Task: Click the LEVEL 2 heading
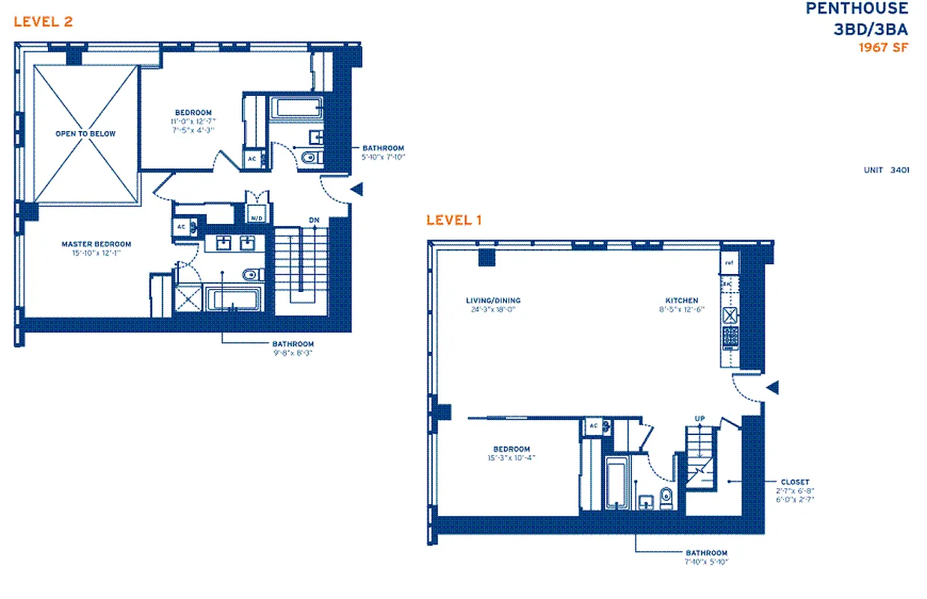pyautogui.click(x=43, y=21)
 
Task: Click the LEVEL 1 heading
pyautogui.click(x=454, y=220)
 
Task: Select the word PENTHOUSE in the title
pyautogui.click(x=857, y=9)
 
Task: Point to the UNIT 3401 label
pyautogui.click(x=887, y=170)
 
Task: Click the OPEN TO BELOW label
pyautogui.click(x=85, y=133)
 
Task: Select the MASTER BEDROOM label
pyautogui.click(x=96, y=244)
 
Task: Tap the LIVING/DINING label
pyautogui.click(x=492, y=301)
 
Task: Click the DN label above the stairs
pyautogui.click(x=314, y=220)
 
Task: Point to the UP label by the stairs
pyautogui.click(x=699, y=419)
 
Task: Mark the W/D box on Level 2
pyautogui.click(x=256, y=216)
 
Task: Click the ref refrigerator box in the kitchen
pyautogui.click(x=729, y=263)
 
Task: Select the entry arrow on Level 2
pyautogui.click(x=357, y=189)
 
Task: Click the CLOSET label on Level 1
pyautogui.click(x=794, y=482)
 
